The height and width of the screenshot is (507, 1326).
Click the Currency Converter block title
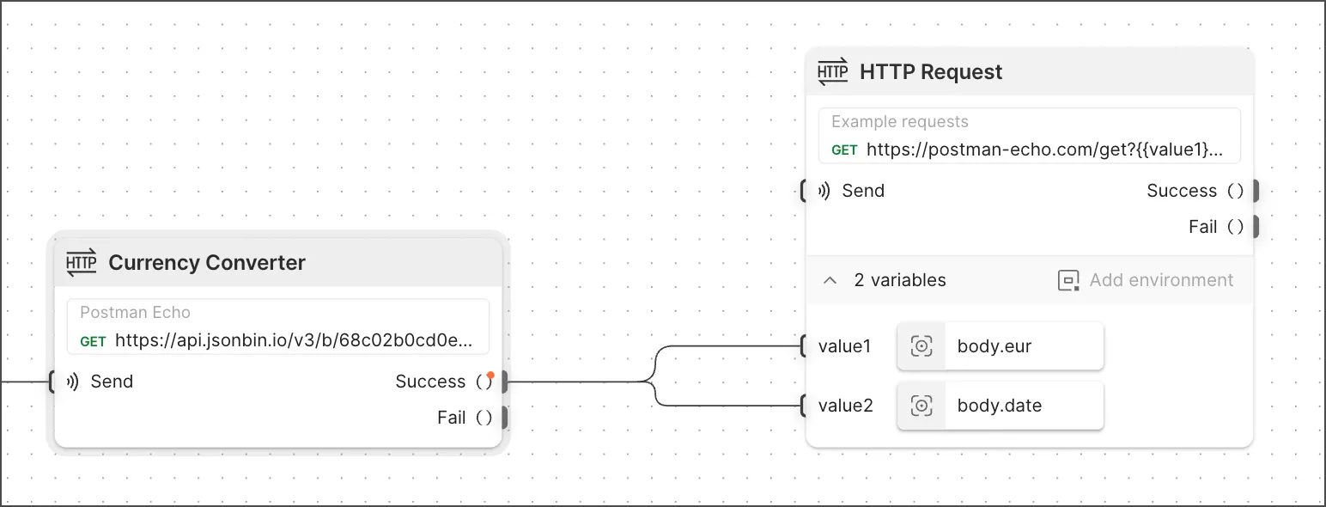pos(207,262)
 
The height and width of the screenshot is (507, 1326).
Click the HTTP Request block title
pos(931,71)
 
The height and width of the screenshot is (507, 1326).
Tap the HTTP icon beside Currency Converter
pos(81,262)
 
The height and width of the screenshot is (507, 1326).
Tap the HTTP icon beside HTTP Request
pos(833,71)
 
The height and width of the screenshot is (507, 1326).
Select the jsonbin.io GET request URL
pos(294,340)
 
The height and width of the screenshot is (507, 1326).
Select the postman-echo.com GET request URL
pos(1044,150)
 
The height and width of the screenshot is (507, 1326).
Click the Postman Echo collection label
pos(135,312)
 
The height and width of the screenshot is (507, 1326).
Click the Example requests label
pos(900,121)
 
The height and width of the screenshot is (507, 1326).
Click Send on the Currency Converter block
pos(112,382)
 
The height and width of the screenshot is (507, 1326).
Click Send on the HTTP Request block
pos(863,191)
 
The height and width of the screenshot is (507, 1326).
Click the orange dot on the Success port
pos(490,375)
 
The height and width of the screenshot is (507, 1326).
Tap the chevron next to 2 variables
pos(830,280)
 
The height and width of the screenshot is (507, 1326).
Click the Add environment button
pos(1146,280)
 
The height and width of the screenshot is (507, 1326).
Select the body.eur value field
pos(1001,346)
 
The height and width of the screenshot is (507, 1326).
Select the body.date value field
pos(1001,406)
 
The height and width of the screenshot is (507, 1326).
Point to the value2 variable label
pos(845,406)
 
